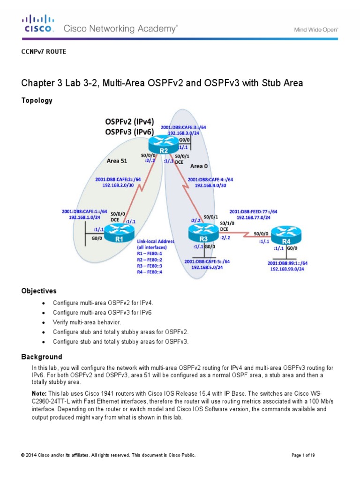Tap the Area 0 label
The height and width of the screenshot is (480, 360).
200,166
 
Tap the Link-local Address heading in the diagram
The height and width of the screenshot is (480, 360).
156,241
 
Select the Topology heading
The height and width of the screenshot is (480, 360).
37,100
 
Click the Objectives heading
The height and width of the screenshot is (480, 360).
39,291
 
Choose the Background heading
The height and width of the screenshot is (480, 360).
42,357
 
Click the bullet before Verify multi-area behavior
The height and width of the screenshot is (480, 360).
44,323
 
